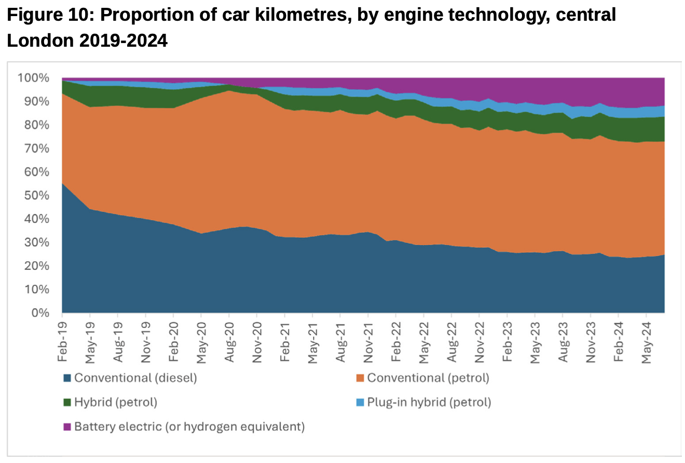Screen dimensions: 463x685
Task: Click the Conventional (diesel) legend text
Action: click(x=135, y=378)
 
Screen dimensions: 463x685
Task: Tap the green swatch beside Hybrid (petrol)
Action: click(x=67, y=402)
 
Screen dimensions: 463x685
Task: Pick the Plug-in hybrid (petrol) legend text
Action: click(x=429, y=402)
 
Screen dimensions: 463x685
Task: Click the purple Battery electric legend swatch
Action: click(x=67, y=427)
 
